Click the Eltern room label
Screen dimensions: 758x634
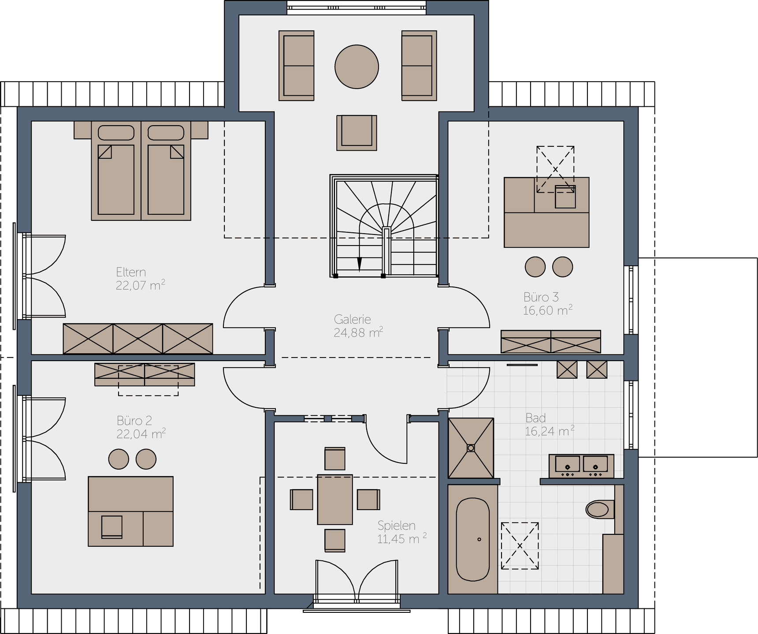tap(131, 272)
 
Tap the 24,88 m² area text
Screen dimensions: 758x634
tap(358, 332)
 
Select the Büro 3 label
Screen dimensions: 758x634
tap(541, 297)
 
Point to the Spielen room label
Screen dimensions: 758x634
tap(397, 526)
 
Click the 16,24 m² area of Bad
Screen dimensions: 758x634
tap(550, 431)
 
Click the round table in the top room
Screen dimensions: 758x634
tap(357, 67)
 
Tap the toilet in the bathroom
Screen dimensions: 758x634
tap(600, 509)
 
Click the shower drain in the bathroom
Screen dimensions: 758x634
tap(471, 448)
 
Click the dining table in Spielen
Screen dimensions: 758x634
tap(335, 500)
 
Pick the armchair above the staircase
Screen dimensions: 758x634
tap(357, 133)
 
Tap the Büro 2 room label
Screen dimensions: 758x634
tap(134, 421)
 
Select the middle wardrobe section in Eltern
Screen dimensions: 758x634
tap(138, 339)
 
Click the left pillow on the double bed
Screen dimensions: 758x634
tap(116, 133)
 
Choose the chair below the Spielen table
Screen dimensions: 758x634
tap(335, 541)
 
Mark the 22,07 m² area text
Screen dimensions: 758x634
tap(141, 285)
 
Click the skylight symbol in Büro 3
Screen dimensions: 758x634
tap(555, 169)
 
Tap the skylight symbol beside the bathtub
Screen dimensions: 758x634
tap(520, 546)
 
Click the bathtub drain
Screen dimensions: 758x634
tap(479, 539)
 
